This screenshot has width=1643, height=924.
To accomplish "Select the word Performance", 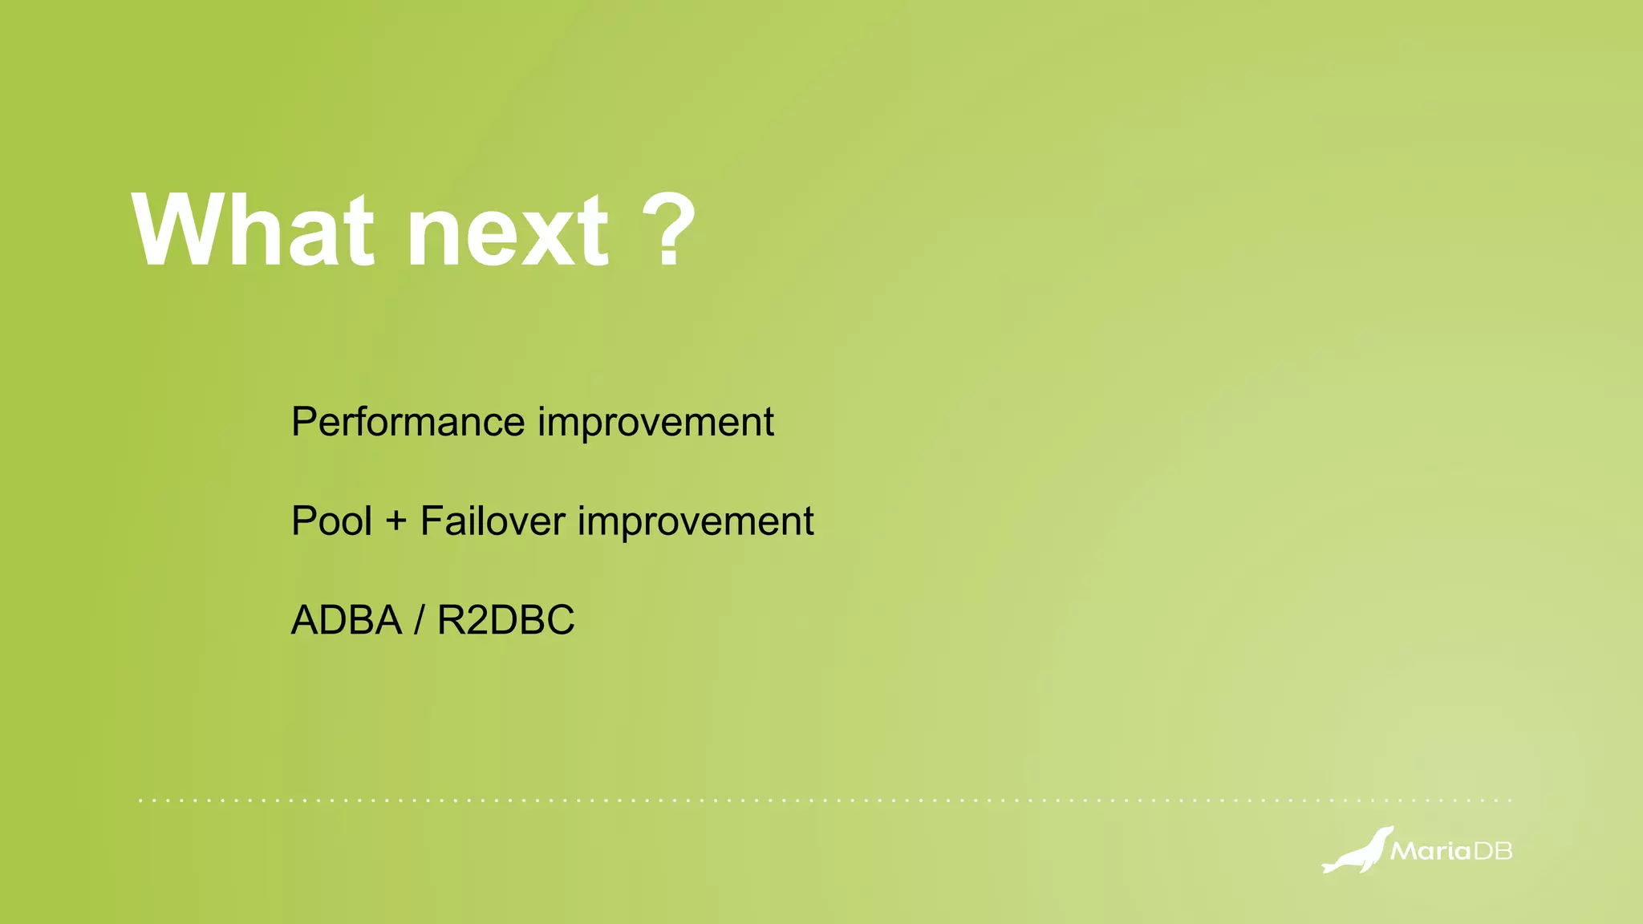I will pyautogui.click(x=408, y=423).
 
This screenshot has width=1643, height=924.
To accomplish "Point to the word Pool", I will pyautogui.click(x=331, y=521).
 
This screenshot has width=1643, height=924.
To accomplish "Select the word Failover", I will pyautogui.click(x=493, y=521).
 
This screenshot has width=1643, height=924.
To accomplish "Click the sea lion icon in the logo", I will pyautogui.click(x=1357, y=851).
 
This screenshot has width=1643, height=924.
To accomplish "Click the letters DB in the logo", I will pyautogui.click(x=1493, y=851).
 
